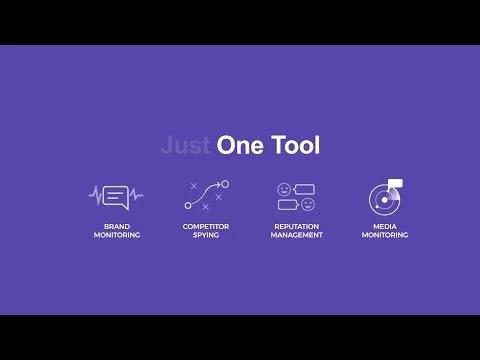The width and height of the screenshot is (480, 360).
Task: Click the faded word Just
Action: (184, 146)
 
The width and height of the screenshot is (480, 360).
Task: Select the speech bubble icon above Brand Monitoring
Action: (117, 195)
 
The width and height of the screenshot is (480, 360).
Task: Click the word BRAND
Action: (117, 226)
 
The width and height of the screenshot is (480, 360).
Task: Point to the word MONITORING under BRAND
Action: (117, 235)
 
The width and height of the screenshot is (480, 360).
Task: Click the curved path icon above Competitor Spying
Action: (206, 195)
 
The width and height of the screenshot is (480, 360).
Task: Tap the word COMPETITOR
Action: (206, 226)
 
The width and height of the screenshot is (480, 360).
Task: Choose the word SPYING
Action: (206, 235)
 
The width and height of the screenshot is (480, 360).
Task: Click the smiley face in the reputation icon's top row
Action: (284, 188)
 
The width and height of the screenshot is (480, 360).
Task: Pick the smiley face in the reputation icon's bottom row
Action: (307, 204)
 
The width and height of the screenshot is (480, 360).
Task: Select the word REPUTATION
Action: (296, 226)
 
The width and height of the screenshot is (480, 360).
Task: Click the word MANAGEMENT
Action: (296, 235)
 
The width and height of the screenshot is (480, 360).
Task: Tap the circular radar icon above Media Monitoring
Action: (382, 198)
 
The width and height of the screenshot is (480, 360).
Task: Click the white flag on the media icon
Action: (395, 183)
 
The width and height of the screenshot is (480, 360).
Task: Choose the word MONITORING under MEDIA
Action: (384, 235)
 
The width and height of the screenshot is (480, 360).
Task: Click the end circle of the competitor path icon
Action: (225, 184)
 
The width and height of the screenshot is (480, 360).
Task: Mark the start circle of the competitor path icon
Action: (188, 206)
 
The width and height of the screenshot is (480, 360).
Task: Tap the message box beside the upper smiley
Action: (304, 188)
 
